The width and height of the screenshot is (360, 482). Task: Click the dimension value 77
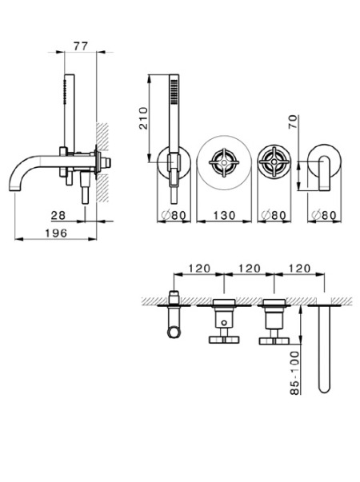pyautogui.click(x=81, y=46)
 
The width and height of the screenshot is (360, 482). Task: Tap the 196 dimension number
pyautogui.click(x=56, y=233)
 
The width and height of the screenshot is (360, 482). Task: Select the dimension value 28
pyautogui.click(x=58, y=215)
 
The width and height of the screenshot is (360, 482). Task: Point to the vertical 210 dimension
pyautogui.click(x=144, y=118)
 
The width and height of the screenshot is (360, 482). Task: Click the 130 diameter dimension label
pyautogui.click(x=224, y=215)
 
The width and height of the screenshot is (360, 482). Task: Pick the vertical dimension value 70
pyautogui.click(x=294, y=121)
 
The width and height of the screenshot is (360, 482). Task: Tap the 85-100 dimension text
pyautogui.click(x=294, y=372)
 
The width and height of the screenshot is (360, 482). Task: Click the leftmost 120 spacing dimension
pyautogui.click(x=199, y=269)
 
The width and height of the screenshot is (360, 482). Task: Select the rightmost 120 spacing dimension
pyautogui.click(x=300, y=269)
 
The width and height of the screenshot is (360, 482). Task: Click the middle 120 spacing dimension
pyautogui.click(x=250, y=269)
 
